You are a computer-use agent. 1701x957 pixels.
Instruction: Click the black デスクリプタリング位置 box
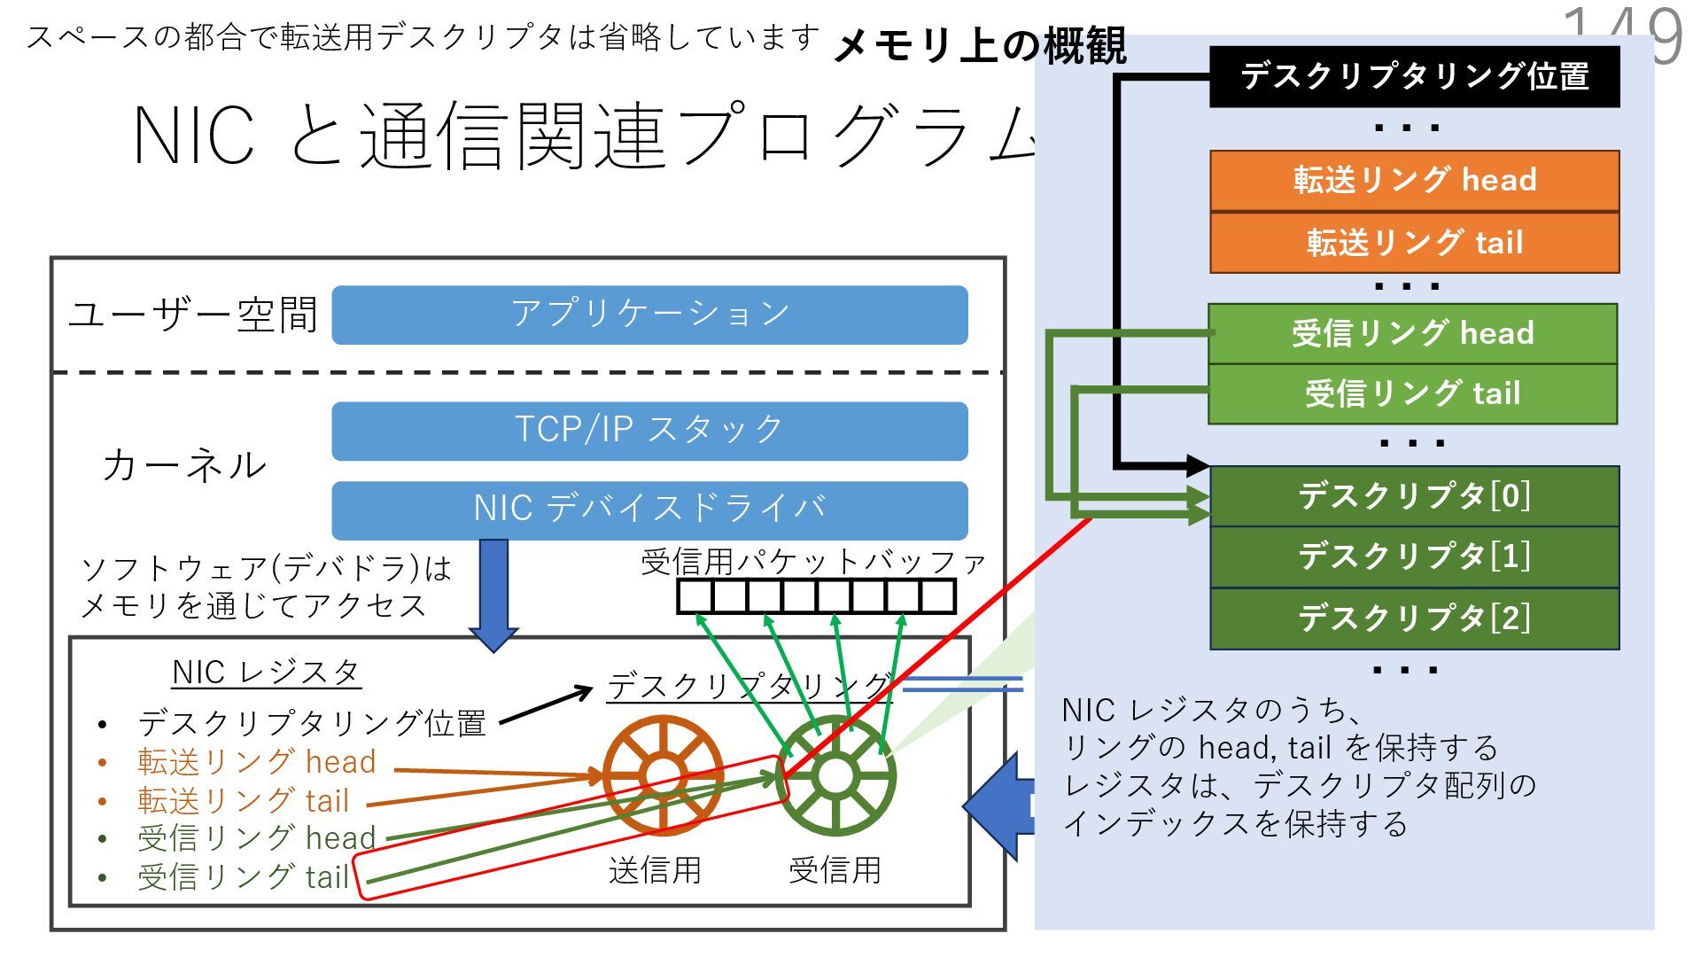pos(1414,77)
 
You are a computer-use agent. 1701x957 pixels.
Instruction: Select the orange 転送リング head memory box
pos(1414,181)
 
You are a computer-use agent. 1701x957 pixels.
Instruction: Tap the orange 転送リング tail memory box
pos(1414,242)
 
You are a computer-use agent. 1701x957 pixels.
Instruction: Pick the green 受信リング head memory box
pos(1412,334)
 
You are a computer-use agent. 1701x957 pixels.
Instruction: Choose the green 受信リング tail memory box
pos(1412,393)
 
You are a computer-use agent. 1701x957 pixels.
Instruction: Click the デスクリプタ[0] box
pos(1414,496)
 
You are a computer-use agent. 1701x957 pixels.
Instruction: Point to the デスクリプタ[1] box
pos(1414,557)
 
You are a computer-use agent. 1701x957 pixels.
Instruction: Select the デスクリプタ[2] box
pos(1414,619)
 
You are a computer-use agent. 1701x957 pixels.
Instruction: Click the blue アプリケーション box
pos(649,315)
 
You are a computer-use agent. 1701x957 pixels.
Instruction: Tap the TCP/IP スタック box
pos(649,431)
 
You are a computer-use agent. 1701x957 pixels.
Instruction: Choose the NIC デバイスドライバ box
pos(649,510)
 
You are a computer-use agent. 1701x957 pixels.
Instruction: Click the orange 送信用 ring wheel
pos(663,776)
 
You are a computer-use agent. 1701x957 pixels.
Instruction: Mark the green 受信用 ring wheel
pos(835,776)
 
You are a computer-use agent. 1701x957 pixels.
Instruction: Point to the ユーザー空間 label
pos(193,315)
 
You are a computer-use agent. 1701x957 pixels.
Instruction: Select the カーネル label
pos(184,465)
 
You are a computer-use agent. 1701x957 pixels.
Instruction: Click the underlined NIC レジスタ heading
pos(266,673)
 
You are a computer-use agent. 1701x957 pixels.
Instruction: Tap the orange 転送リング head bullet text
pos(257,762)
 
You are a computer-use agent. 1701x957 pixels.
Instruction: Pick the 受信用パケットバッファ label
pos(813,562)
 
